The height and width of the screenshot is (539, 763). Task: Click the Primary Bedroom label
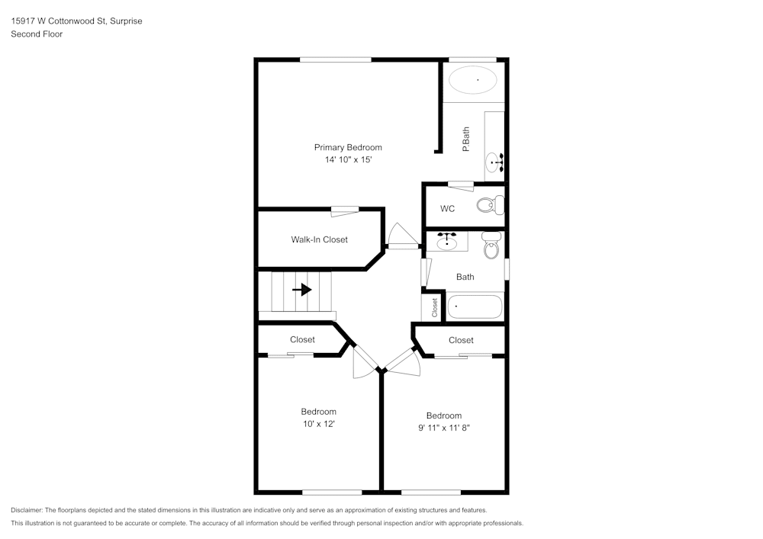click(x=348, y=147)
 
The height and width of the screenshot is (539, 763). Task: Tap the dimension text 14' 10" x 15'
click(x=348, y=160)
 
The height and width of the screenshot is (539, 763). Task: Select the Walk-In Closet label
click(x=319, y=239)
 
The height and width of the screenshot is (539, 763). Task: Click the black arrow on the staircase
click(x=302, y=290)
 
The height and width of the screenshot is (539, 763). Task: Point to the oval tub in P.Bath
click(x=472, y=79)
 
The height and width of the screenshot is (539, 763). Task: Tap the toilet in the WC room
click(x=490, y=205)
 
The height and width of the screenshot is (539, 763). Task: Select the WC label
click(x=448, y=209)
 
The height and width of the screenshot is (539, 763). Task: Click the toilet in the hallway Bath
click(x=491, y=246)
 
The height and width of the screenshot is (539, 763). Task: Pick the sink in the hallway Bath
click(x=447, y=242)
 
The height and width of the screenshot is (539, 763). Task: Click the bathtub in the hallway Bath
click(x=475, y=307)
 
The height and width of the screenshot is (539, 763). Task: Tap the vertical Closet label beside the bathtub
click(x=435, y=307)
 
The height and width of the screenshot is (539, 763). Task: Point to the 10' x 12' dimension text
click(x=318, y=424)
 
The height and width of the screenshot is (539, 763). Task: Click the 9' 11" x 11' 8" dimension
click(x=443, y=428)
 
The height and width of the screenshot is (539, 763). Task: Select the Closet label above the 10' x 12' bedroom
click(x=303, y=339)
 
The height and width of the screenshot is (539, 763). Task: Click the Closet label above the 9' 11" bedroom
click(x=461, y=340)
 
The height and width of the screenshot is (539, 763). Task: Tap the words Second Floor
click(x=37, y=34)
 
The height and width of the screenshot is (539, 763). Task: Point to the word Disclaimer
click(x=27, y=510)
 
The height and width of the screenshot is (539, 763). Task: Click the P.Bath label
click(x=465, y=140)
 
